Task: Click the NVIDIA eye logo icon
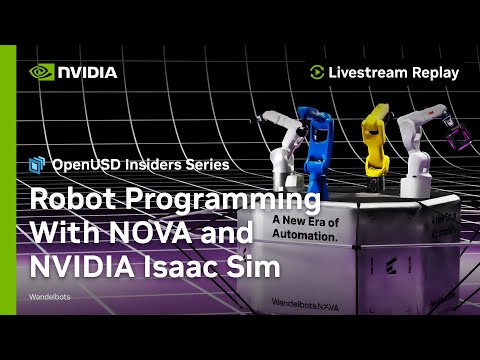[x=41, y=72]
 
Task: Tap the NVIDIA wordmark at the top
[x=87, y=72]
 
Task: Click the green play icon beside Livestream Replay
[x=317, y=72]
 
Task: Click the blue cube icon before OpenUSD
[x=38, y=164]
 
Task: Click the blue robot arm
[x=323, y=150]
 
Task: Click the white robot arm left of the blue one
[x=280, y=150]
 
